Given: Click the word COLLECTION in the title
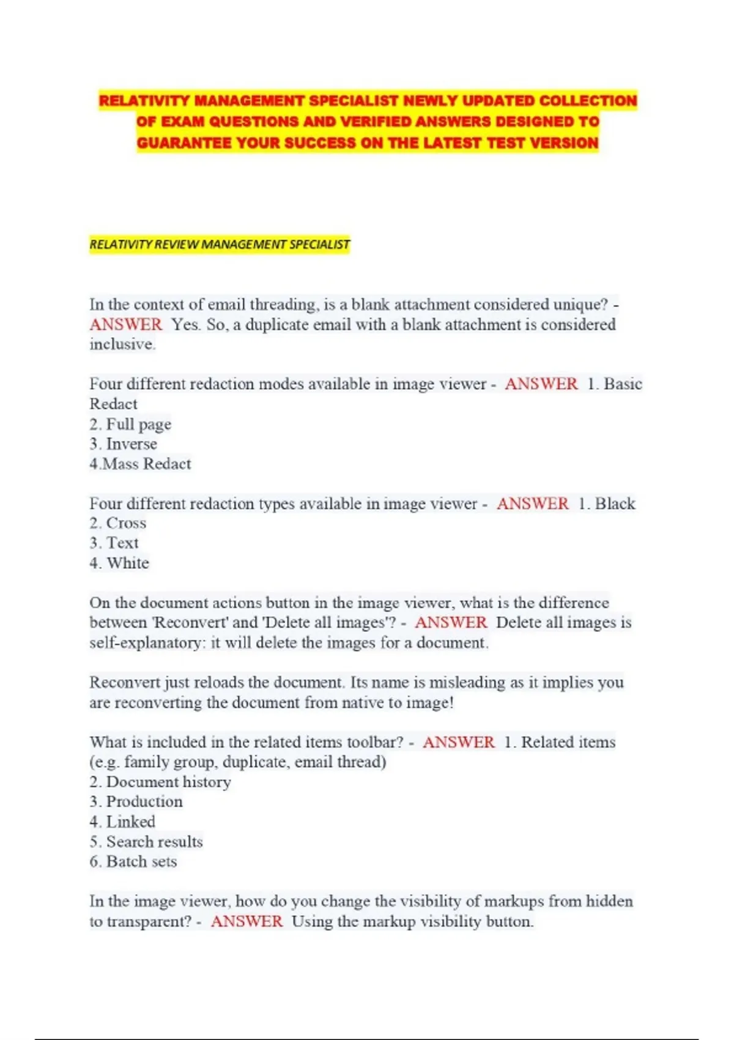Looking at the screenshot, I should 588,101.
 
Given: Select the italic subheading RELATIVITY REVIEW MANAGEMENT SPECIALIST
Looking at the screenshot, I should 220,245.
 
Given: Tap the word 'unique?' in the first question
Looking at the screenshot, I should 580,305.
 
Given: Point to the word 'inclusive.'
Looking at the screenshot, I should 122,344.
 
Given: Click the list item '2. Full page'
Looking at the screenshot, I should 130,425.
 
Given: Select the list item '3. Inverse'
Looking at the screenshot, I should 123,444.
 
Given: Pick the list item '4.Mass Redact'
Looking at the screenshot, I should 140,464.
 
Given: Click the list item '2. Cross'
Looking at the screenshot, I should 118,524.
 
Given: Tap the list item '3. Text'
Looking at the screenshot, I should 114,543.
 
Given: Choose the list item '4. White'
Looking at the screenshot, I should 119,563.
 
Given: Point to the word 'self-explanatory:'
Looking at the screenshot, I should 147,643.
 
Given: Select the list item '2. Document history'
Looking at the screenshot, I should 160,782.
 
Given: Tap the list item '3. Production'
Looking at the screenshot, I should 136,802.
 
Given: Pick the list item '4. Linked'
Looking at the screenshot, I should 122,822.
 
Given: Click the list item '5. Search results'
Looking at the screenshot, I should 146,842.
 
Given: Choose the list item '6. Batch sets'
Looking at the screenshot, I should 133,862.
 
